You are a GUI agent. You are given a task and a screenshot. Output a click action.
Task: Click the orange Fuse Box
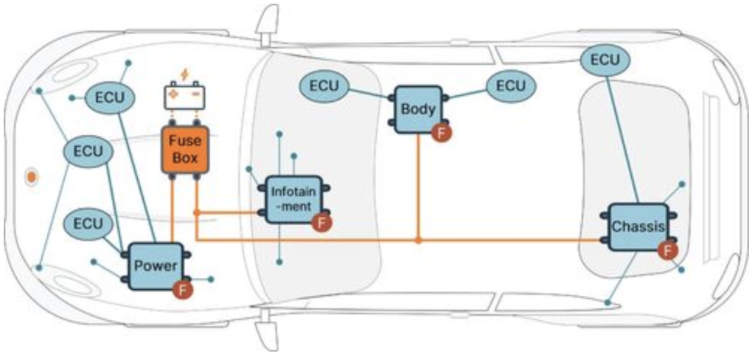pos(185,150)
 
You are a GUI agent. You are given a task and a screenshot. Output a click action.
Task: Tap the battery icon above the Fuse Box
pos(184,97)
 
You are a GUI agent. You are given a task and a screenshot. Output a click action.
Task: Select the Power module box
pos(156,266)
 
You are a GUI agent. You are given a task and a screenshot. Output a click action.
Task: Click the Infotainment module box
pos(293,198)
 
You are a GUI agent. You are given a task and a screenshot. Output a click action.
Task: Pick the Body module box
pos(417,109)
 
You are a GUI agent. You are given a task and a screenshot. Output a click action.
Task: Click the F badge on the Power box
pos(181,290)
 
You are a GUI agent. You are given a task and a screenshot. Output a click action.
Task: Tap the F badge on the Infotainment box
pos(321,222)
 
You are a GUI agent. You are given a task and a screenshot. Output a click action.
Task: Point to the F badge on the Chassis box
pos(667,252)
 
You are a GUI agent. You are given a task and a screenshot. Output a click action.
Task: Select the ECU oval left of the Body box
pos(324,86)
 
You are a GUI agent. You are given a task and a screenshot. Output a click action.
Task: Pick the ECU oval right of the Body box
pos(510,86)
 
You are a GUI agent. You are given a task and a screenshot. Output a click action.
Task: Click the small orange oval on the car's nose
pos(32,177)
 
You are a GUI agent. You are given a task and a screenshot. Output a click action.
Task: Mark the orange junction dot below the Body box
pos(418,240)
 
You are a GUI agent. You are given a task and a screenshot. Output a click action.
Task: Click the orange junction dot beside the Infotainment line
pos(196,212)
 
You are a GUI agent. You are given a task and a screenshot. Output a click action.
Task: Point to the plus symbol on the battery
pos(174,97)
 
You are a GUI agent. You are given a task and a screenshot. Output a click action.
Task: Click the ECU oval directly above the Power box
pos(88,223)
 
